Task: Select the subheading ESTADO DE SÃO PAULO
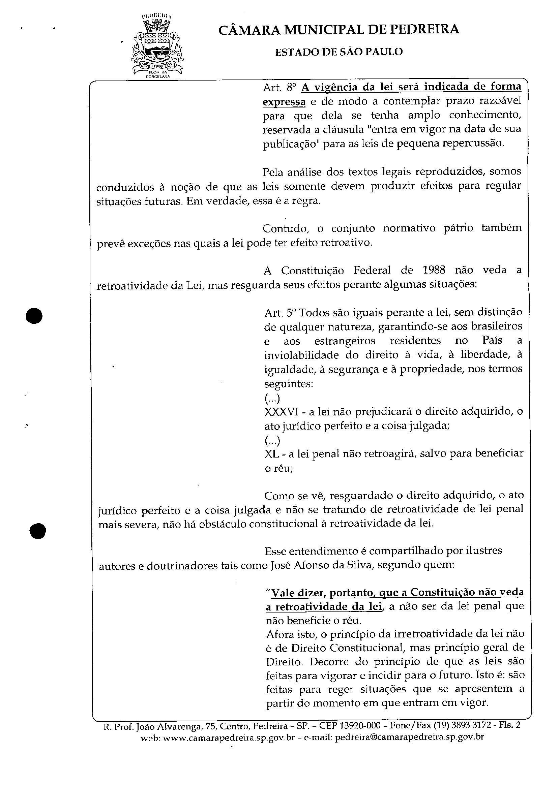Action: [x=339, y=52]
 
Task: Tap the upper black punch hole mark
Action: [x=35, y=315]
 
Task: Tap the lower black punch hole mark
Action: [x=37, y=531]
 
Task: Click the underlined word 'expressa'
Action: [x=284, y=102]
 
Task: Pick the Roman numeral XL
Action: [x=272, y=454]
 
